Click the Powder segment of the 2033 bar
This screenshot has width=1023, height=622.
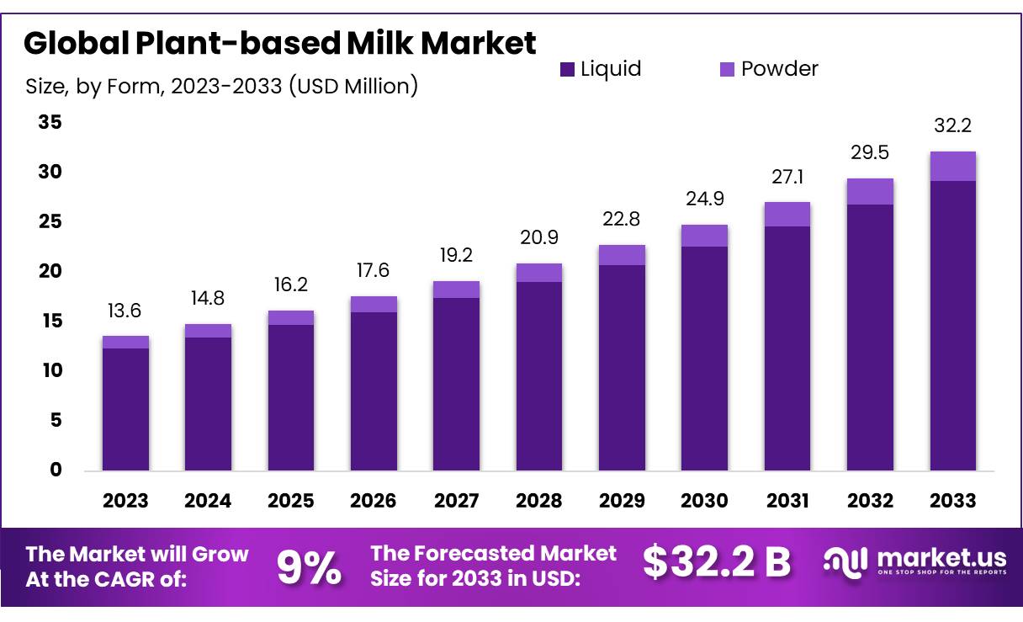click(x=952, y=166)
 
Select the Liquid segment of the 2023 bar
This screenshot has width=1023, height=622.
click(x=125, y=408)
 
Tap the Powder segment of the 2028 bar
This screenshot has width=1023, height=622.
click(x=538, y=273)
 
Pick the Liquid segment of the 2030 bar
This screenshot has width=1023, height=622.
click(x=704, y=358)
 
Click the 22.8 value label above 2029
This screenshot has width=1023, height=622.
click(x=622, y=219)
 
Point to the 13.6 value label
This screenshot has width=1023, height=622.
click(x=125, y=311)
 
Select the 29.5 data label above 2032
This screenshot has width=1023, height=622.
click(x=870, y=152)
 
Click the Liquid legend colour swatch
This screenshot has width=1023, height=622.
click(x=567, y=70)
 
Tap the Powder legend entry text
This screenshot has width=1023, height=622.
click(x=779, y=69)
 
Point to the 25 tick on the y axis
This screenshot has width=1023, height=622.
click(x=50, y=221)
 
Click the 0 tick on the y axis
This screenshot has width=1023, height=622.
click(x=56, y=470)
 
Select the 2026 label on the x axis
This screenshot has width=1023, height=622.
click(x=373, y=501)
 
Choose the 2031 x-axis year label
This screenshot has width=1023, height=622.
click(x=787, y=501)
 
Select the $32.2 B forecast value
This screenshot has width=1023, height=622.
click(x=717, y=562)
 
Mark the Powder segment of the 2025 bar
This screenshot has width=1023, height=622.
click(x=290, y=317)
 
